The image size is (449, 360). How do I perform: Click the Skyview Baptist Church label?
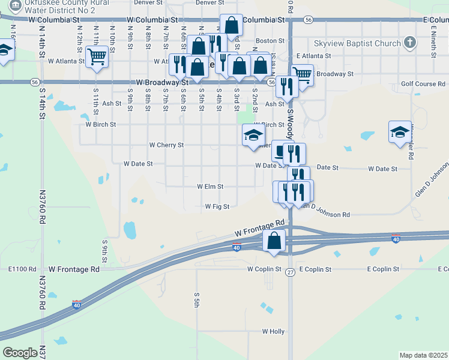357,43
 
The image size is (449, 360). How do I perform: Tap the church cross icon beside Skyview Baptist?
410,43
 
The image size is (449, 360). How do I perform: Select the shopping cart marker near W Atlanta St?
96,58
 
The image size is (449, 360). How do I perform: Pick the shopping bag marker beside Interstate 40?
274,241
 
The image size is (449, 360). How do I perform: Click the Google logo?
20,353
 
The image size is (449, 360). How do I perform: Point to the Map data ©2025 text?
423,355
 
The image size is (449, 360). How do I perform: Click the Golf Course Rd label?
423,84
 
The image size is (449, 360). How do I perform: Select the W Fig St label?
217,206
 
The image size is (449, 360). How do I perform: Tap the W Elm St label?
210,187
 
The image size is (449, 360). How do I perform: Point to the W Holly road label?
273,331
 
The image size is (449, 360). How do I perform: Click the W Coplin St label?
264,269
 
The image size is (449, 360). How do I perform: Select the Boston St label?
270,41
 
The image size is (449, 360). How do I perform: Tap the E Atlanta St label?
314,56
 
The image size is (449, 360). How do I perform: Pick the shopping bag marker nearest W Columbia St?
231,25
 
